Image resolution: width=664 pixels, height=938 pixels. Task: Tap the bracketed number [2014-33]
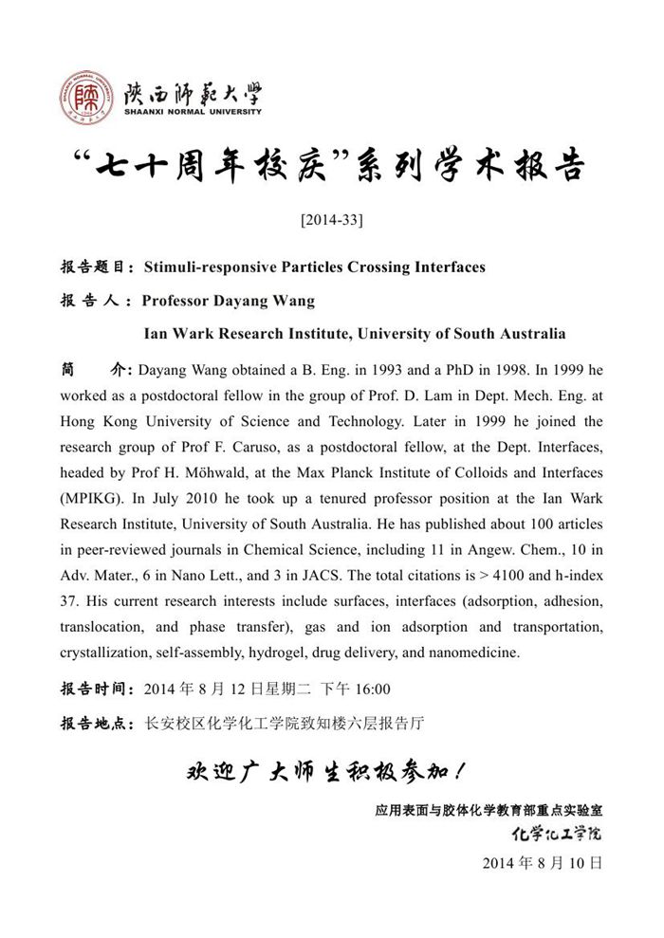click(331, 220)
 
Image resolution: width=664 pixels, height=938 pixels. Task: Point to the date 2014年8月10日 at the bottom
click(543, 863)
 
